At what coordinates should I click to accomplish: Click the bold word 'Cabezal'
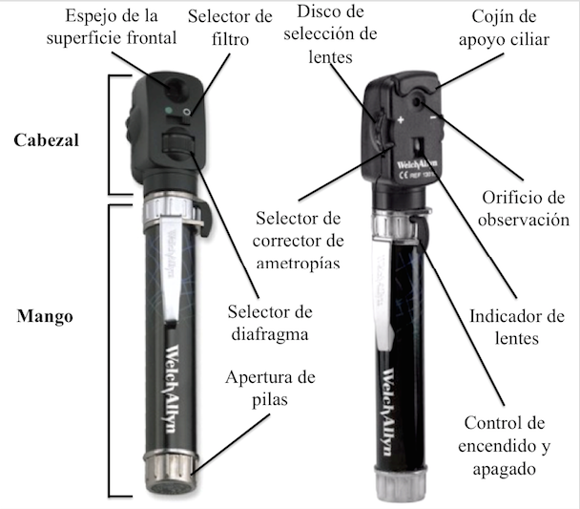pos(46,138)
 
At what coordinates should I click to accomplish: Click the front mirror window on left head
pos(176,88)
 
